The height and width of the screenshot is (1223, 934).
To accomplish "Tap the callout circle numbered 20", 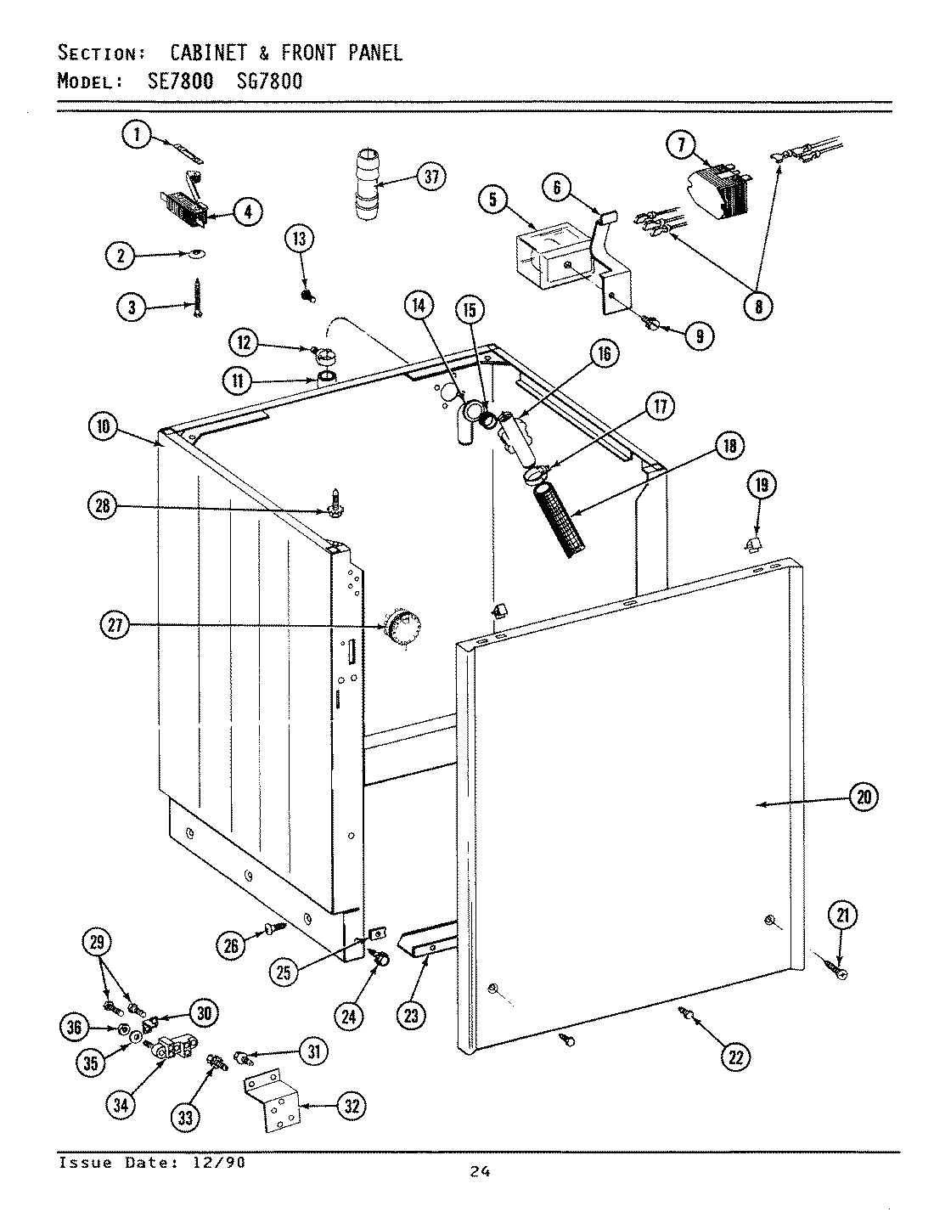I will [x=864, y=797].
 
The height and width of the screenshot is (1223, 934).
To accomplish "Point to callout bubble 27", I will [x=114, y=626].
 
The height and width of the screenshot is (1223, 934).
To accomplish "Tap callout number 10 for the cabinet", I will [x=103, y=427].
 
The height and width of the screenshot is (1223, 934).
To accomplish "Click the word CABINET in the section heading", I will [x=208, y=53].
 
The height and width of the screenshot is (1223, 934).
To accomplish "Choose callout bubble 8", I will [x=757, y=305].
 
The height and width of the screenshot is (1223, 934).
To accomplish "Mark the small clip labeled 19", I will [x=752, y=542].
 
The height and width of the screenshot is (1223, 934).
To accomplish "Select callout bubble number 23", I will [x=411, y=1014].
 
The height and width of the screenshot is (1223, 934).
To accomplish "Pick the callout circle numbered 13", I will [x=300, y=240].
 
